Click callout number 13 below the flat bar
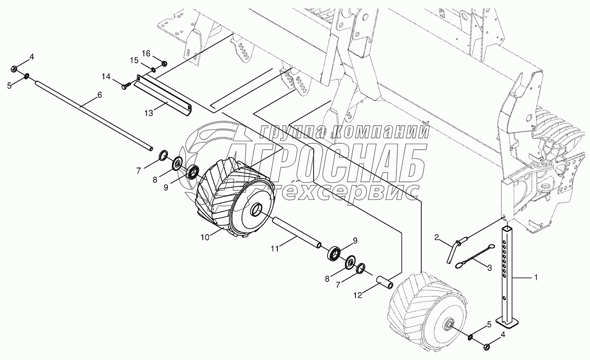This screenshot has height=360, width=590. pyautogui.click(x=149, y=113)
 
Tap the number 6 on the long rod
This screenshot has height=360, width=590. pyautogui.click(x=99, y=95)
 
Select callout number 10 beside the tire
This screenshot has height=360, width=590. pyautogui.click(x=205, y=237)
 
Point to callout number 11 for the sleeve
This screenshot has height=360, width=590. pyautogui.click(x=275, y=249)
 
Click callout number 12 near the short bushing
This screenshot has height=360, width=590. pyautogui.click(x=358, y=295)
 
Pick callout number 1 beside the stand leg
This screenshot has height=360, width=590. pyautogui.click(x=535, y=277)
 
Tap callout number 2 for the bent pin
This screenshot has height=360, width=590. pyautogui.click(x=437, y=237)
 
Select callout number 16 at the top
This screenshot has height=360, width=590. pyautogui.click(x=146, y=54)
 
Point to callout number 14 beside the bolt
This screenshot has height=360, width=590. pyautogui.click(x=106, y=77)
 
